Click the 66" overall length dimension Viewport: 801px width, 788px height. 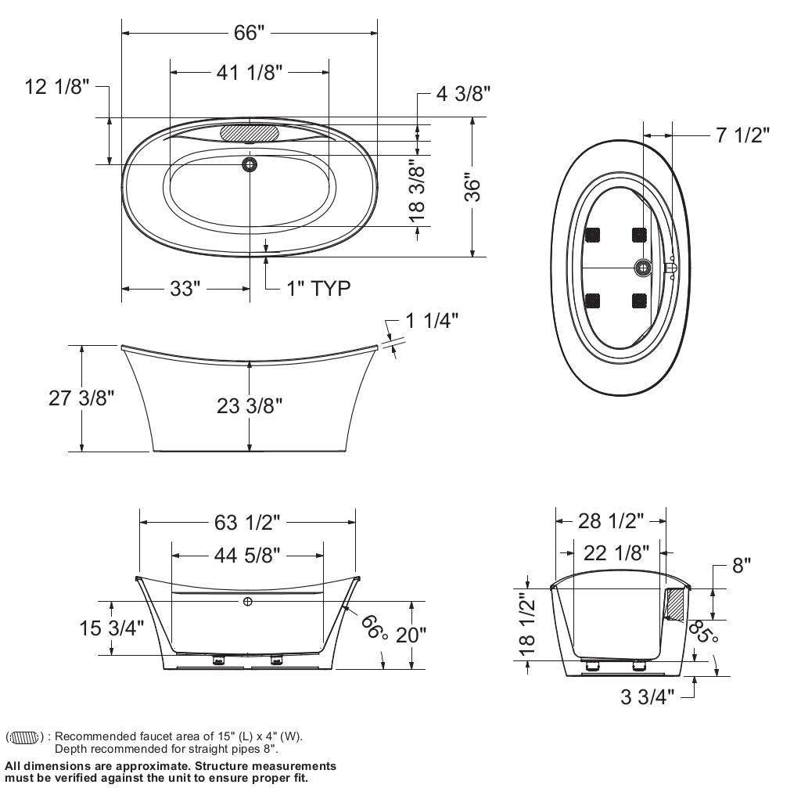click(x=250, y=33)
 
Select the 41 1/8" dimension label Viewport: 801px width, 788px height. click(x=249, y=72)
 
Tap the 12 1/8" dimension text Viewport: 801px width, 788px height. click(x=57, y=87)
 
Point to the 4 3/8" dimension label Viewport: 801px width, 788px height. click(x=463, y=94)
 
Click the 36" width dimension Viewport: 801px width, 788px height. click(x=472, y=187)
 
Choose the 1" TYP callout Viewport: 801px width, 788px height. click(x=318, y=289)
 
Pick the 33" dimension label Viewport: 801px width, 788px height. click(x=186, y=289)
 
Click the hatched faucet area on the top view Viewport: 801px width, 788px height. click(x=250, y=132)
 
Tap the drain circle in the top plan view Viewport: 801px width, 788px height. click(x=250, y=164)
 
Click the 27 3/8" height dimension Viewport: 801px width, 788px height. click(x=82, y=398)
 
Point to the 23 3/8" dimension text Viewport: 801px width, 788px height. click(x=250, y=405)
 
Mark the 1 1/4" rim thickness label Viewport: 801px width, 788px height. click(x=432, y=320)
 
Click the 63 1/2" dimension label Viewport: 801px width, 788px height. click(x=247, y=521)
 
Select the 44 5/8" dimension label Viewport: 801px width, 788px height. click(x=247, y=556)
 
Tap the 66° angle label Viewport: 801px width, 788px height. click(x=375, y=626)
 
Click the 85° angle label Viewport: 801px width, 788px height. click(x=702, y=631)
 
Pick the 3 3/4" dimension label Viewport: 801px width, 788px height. click(x=647, y=696)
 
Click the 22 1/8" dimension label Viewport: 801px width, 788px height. click(x=617, y=553)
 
